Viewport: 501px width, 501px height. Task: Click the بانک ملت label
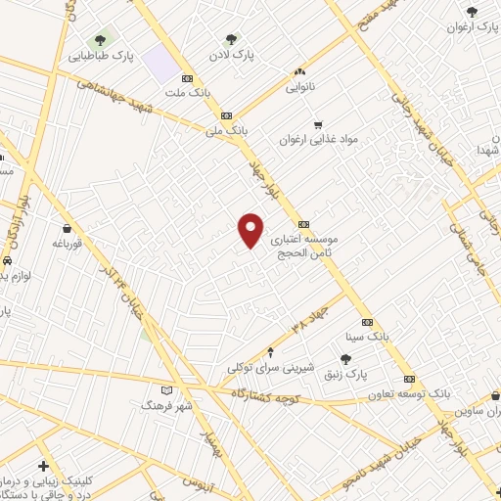[160, 93]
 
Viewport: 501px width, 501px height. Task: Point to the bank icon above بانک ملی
[226, 114]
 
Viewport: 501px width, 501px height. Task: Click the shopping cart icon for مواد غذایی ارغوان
[318, 124]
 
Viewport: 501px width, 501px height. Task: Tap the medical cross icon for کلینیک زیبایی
[42, 467]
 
